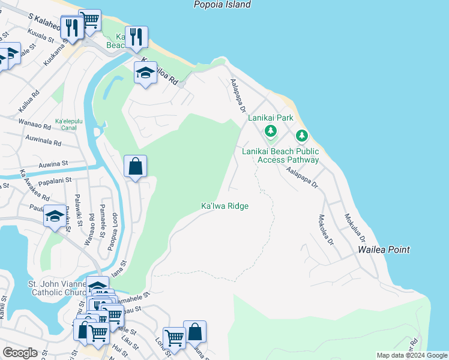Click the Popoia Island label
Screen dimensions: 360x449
click(222, 5)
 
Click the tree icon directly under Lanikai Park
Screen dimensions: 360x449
click(271, 131)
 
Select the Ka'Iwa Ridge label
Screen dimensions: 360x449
click(224, 206)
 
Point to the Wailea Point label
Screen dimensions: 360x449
click(384, 250)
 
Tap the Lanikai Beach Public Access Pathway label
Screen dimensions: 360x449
click(280, 155)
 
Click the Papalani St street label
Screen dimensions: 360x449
click(53, 179)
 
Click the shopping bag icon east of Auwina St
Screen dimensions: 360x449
click(136, 166)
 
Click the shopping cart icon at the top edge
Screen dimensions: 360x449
click(90, 20)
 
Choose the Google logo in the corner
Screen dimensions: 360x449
click(20, 353)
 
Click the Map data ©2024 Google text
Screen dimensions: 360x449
click(412, 355)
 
